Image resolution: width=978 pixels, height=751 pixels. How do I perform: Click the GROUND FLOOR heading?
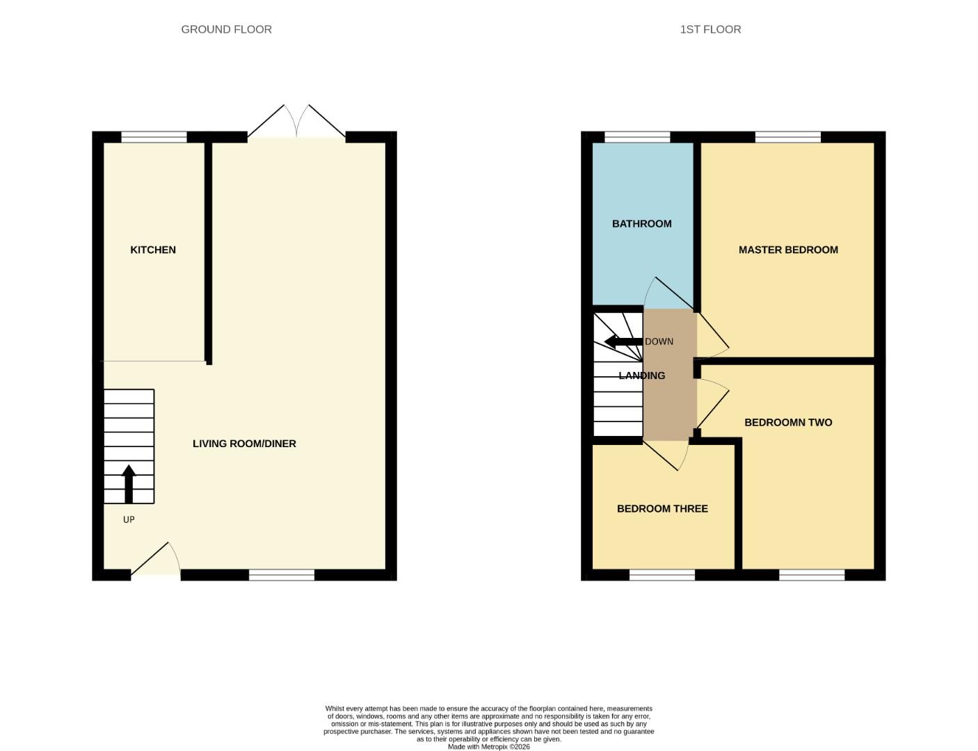226,29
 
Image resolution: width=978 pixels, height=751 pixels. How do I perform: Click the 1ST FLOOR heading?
710,29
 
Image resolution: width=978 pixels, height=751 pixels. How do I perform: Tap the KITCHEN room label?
153,250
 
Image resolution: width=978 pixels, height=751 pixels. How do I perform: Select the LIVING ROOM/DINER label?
244,444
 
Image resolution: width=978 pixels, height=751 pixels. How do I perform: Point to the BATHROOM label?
641,224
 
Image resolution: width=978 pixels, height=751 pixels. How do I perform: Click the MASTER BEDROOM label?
788,250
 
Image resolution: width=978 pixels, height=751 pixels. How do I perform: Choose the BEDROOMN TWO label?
788,422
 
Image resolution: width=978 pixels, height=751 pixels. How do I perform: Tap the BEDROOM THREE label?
662,509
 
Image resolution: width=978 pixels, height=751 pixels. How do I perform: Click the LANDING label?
641,375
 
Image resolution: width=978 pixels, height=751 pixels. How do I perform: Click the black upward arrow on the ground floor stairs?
129,484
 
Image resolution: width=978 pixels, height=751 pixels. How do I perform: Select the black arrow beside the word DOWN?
623,341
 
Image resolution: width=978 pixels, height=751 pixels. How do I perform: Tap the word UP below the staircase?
129,519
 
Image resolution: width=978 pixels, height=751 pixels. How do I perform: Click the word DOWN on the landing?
659,341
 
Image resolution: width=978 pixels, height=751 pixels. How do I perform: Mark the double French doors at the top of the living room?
296,124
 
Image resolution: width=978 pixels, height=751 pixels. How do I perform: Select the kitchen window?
154,137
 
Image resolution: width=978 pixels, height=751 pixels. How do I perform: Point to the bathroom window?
637,137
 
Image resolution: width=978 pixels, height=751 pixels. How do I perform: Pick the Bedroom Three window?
662,575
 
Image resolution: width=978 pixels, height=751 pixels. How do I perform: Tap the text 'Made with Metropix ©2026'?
488,747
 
